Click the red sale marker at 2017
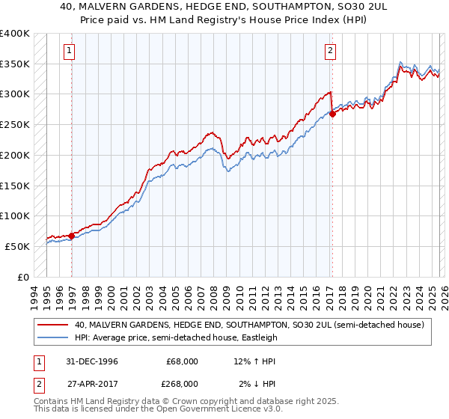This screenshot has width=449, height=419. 332,114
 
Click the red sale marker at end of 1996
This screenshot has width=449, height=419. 72,236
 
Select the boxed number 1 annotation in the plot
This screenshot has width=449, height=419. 69,51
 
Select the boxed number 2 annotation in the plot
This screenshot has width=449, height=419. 329,51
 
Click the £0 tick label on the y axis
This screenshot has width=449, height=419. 22,277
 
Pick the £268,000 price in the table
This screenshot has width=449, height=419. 182,383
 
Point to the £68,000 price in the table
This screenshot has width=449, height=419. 182,361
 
